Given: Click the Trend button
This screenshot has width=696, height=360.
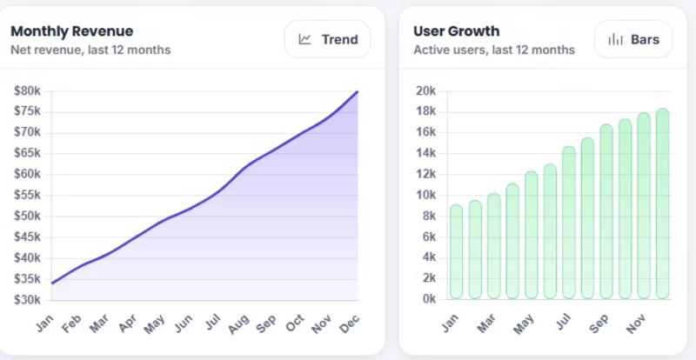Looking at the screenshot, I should point(328,39).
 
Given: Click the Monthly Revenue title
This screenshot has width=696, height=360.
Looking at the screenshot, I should point(71,31).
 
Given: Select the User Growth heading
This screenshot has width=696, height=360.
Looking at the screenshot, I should point(456,31).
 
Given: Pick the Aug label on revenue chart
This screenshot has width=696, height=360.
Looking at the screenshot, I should point(238,323).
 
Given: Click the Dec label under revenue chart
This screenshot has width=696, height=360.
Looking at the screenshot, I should point(349,323).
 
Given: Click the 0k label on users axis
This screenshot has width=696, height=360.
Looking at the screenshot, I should point(427,299).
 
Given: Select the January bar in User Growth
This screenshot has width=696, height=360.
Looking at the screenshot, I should point(457,252).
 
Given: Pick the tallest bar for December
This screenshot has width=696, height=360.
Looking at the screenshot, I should point(662,204).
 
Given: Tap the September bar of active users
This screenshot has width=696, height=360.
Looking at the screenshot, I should point(606,212).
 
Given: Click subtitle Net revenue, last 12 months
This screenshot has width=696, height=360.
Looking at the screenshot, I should point(90,50).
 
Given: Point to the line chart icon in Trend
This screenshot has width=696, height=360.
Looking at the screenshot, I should point(305,39).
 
